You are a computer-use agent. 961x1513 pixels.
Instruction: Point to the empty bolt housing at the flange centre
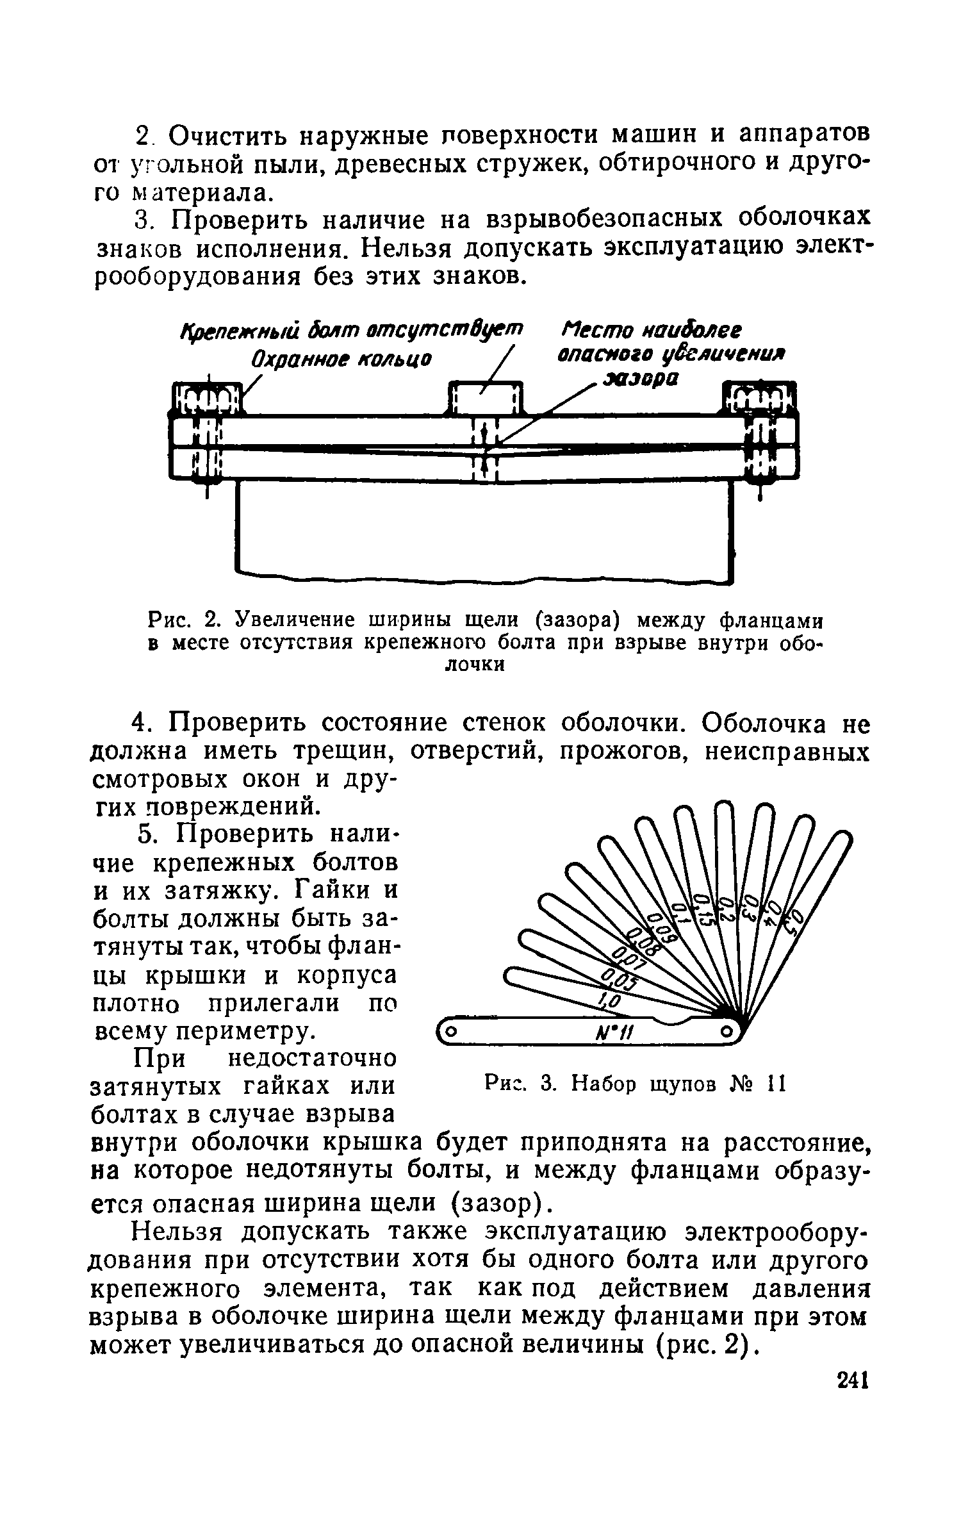[x=486, y=400]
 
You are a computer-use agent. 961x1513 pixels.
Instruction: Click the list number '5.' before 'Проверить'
[x=148, y=835]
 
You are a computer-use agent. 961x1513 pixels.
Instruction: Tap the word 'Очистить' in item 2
[x=226, y=135]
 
